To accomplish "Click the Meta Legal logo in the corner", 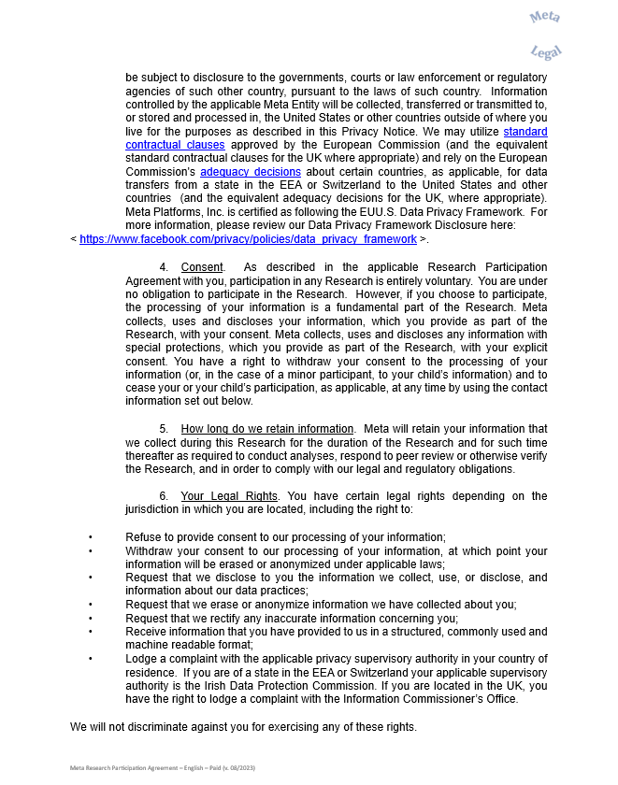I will pos(546,34).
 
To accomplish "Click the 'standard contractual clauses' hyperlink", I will pos(175,145).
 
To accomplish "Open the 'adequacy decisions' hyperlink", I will pos(237,173).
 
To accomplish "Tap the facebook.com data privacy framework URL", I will pos(248,239).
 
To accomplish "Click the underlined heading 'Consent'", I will pos(202,267).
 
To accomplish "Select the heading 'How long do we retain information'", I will pos(267,429).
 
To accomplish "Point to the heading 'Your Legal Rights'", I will pos(229,495).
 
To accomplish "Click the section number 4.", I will pos(164,267).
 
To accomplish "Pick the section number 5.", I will pos(164,429).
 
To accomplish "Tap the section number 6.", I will pos(164,495).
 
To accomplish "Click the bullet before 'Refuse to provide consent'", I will pos(91,537).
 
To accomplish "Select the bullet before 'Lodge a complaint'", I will pos(91,659).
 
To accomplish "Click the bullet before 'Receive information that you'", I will pos(91,632).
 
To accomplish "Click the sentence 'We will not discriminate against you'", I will pos(243,727).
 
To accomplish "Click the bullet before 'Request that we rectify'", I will pos(91,619).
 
